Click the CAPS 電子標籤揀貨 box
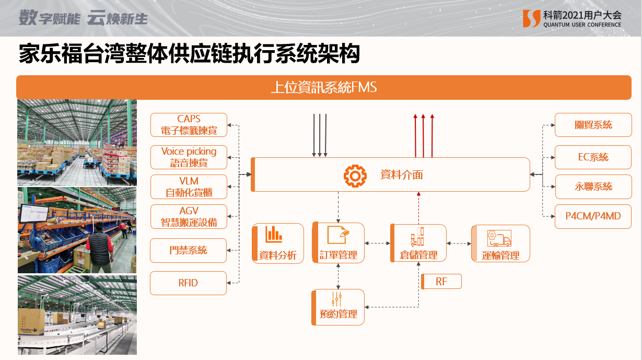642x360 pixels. tap(189, 125)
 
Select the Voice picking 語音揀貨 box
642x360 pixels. tap(189, 157)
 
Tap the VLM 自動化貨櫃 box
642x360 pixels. tap(189, 187)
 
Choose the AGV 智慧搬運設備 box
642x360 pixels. tap(189, 216)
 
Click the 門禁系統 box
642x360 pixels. tap(188, 250)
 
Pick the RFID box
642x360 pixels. tap(188, 283)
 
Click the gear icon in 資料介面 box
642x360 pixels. tap(355, 176)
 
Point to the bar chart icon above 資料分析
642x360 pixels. tap(274, 234)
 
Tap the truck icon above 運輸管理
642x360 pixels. tap(499, 238)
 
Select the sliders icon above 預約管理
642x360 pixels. tap(337, 299)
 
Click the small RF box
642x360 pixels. tap(441, 282)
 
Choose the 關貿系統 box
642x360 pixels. tap(593, 125)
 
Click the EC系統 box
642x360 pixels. tap(593, 157)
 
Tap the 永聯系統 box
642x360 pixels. tap(593, 187)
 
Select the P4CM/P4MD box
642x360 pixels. tap(593, 216)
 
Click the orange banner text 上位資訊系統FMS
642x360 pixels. tap(324, 87)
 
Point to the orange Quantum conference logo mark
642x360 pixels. tap(532, 18)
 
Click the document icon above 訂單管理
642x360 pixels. tap(338, 235)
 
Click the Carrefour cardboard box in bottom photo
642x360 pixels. tap(31, 321)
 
